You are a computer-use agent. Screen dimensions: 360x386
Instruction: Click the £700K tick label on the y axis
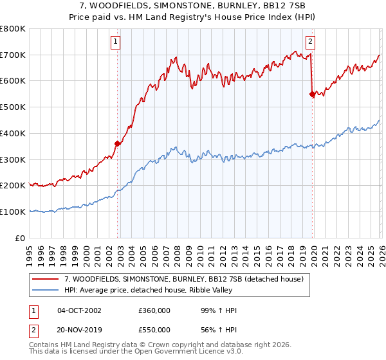tap(13, 55)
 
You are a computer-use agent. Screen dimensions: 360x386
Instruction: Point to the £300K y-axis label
tap(13, 159)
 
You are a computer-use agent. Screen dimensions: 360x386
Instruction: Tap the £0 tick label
tap(21, 238)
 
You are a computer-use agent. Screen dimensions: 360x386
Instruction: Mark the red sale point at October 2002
tap(118, 143)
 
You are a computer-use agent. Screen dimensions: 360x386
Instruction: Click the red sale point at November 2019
tap(312, 94)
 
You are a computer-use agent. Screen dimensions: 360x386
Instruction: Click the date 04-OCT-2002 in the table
tap(79, 310)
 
